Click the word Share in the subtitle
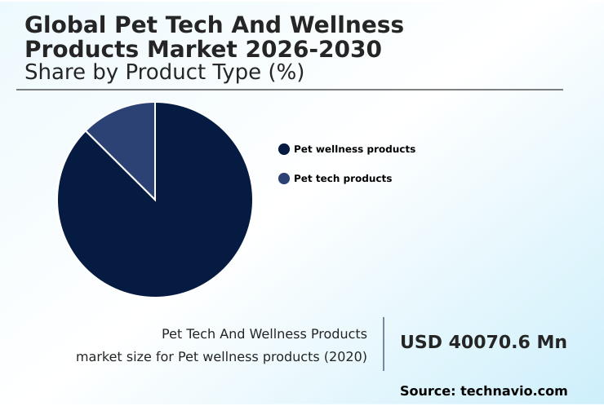click(x=56, y=73)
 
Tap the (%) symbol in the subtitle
click(x=286, y=73)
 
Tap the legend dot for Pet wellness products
click(x=284, y=149)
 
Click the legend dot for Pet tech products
click(x=284, y=179)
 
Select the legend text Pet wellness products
click(x=354, y=149)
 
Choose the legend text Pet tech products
click(x=343, y=179)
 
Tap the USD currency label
click(x=421, y=342)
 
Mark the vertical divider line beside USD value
click(x=384, y=344)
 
